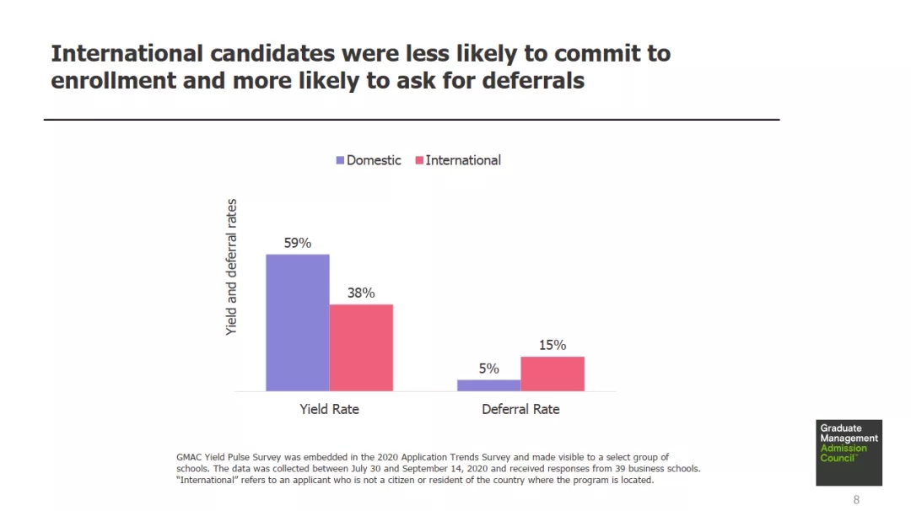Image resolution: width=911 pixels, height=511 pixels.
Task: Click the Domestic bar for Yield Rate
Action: coord(297,322)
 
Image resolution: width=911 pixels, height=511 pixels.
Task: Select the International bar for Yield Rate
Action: coord(361,347)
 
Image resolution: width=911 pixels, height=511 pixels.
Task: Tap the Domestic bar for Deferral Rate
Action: coord(488,385)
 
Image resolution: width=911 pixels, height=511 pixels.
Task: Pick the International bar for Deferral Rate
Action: coord(553,374)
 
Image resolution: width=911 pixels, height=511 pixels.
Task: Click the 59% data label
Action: coord(297,243)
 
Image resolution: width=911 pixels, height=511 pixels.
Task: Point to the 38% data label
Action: coord(361,293)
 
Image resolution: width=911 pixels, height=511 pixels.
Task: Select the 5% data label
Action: coord(488,368)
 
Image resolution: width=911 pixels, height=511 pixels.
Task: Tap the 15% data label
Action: coord(553,345)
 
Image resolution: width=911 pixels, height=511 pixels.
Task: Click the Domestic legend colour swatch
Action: coord(341,160)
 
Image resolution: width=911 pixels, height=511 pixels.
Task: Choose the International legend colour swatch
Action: coord(419,160)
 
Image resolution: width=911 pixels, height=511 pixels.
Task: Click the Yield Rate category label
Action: coord(329,409)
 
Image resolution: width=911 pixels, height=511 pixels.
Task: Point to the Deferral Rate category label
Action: coord(520,409)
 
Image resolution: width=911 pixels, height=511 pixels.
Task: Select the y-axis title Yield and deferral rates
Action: coord(232,267)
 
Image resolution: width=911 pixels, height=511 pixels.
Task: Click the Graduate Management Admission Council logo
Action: coord(849,452)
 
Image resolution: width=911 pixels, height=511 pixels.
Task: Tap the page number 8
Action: coord(856,500)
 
